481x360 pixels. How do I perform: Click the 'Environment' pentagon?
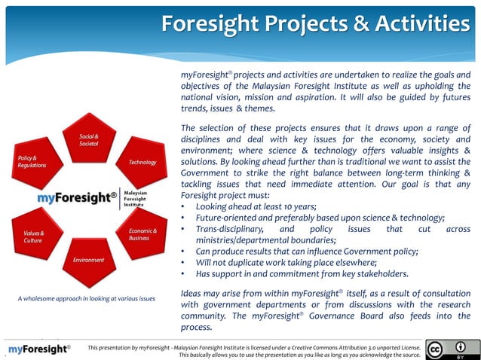pyautogui.click(x=89, y=260)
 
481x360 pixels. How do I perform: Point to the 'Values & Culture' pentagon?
pyautogui.click(x=35, y=236)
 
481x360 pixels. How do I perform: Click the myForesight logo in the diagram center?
pyautogui.click(x=77, y=197)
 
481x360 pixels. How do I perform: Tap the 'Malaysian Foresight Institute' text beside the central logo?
pyautogui.click(x=135, y=198)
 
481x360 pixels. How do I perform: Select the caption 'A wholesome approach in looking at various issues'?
pyautogui.click(x=86, y=298)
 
